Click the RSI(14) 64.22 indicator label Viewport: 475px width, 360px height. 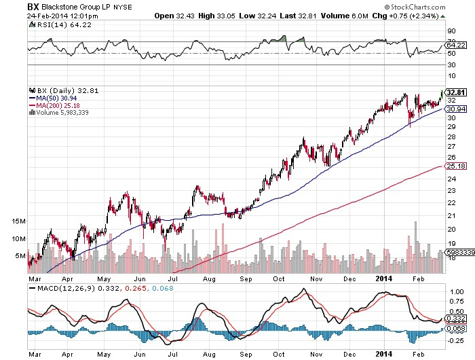pos(52,25)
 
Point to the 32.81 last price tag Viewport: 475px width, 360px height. pos(455,92)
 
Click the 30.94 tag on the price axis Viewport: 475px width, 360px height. pos(455,109)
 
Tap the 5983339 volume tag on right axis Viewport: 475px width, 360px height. pos(458,251)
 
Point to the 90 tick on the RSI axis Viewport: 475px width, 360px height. pos(449,31)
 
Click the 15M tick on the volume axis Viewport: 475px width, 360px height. pos(19,221)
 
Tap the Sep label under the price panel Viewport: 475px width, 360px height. pos(246,278)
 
